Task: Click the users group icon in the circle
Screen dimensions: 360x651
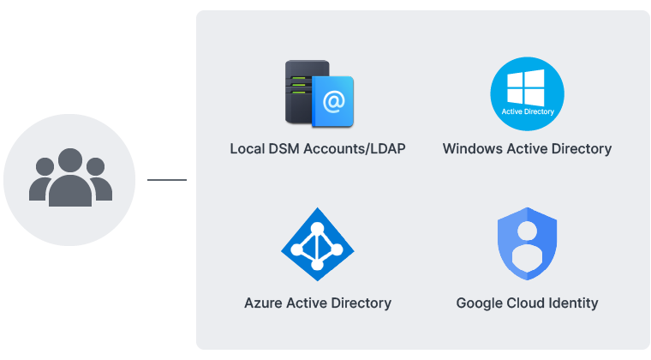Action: point(70,178)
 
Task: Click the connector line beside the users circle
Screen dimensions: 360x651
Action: point(167,180)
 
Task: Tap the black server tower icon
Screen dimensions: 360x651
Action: point(300,93)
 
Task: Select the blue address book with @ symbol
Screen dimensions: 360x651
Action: point(333,101)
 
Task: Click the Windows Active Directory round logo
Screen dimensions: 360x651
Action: point(527,94)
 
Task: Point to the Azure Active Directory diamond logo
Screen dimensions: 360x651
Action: point(318,243)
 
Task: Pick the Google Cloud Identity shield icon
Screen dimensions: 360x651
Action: point(527,244)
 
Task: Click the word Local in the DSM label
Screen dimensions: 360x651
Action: point(247,148)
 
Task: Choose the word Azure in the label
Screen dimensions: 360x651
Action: point(262,303)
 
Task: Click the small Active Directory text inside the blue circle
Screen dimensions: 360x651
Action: point(527,111)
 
